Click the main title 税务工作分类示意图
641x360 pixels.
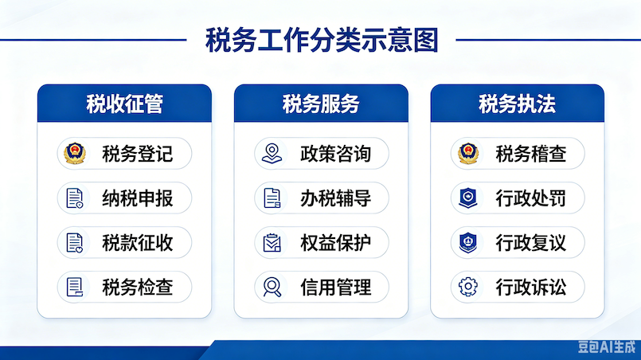pos(322,40)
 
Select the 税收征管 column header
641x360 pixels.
pos(125,104)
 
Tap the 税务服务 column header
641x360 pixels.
pos(321,104)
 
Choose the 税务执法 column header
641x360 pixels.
pos(517,104)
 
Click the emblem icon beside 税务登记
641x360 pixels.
pos(75,154)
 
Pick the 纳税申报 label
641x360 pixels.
pos(137,198)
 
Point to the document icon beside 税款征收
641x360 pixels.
pos(74,243)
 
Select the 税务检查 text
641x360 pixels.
pos(137,288)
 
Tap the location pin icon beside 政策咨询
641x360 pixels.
pos(272,154)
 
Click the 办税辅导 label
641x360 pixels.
pos(335,198)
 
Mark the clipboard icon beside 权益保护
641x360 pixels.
pos(272,243)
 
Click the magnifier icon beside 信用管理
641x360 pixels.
pos(272,287)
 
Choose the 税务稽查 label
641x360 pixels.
pos(530,155)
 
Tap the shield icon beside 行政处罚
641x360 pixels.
pos(468,198)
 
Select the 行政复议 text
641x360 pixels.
pos(530,243)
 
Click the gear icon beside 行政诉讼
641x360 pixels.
pos(468,287)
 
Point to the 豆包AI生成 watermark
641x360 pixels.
pos(607,347)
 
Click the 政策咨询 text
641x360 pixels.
pos(335,155)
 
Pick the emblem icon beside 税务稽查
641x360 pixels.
pos(468,154)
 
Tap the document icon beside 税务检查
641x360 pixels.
pos(74,288)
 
